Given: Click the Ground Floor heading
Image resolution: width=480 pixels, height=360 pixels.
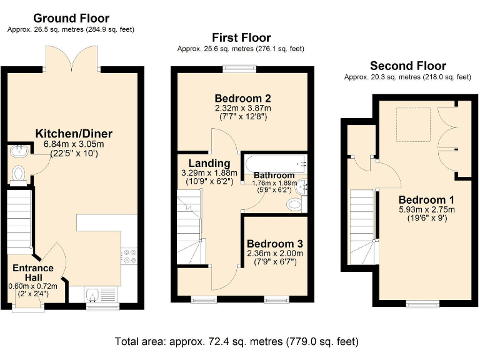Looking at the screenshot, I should pos(71,18).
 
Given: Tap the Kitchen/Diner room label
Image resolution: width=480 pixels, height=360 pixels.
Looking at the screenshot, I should pos(74,134).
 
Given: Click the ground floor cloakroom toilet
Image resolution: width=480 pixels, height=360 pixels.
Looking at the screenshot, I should pos(18,172).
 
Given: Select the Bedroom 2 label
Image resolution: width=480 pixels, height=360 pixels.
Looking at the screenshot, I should pos(242,98).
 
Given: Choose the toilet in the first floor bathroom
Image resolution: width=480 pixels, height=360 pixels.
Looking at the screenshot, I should pos(294,204).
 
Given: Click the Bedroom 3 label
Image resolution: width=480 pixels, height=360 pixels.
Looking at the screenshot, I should pos(274,244).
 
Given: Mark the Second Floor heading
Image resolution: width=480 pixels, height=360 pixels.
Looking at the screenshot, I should pos(407,66).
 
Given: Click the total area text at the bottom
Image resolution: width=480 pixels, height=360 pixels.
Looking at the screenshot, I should pos(237,342).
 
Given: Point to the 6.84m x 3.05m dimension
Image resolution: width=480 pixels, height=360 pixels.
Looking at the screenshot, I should pos(74,144).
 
